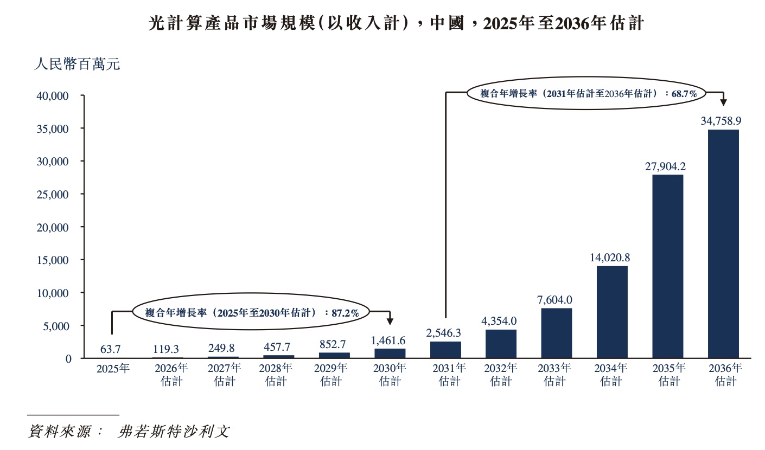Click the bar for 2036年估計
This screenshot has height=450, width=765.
point(723,244)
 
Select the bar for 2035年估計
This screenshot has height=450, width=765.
point(667,266)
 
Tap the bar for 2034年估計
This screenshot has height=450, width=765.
point(612,312)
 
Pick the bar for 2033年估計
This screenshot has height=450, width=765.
point(556,333)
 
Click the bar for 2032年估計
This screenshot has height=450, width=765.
point(501,344)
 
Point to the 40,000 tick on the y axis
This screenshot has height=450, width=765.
point(53,96)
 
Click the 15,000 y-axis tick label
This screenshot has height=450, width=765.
point(53,260)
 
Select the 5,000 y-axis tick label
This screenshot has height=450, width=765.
point(56,326)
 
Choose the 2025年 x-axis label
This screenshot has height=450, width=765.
point(113,369)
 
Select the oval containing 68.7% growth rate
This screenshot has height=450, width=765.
point(585,93)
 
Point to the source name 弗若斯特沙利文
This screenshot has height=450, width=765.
point(174,432)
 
